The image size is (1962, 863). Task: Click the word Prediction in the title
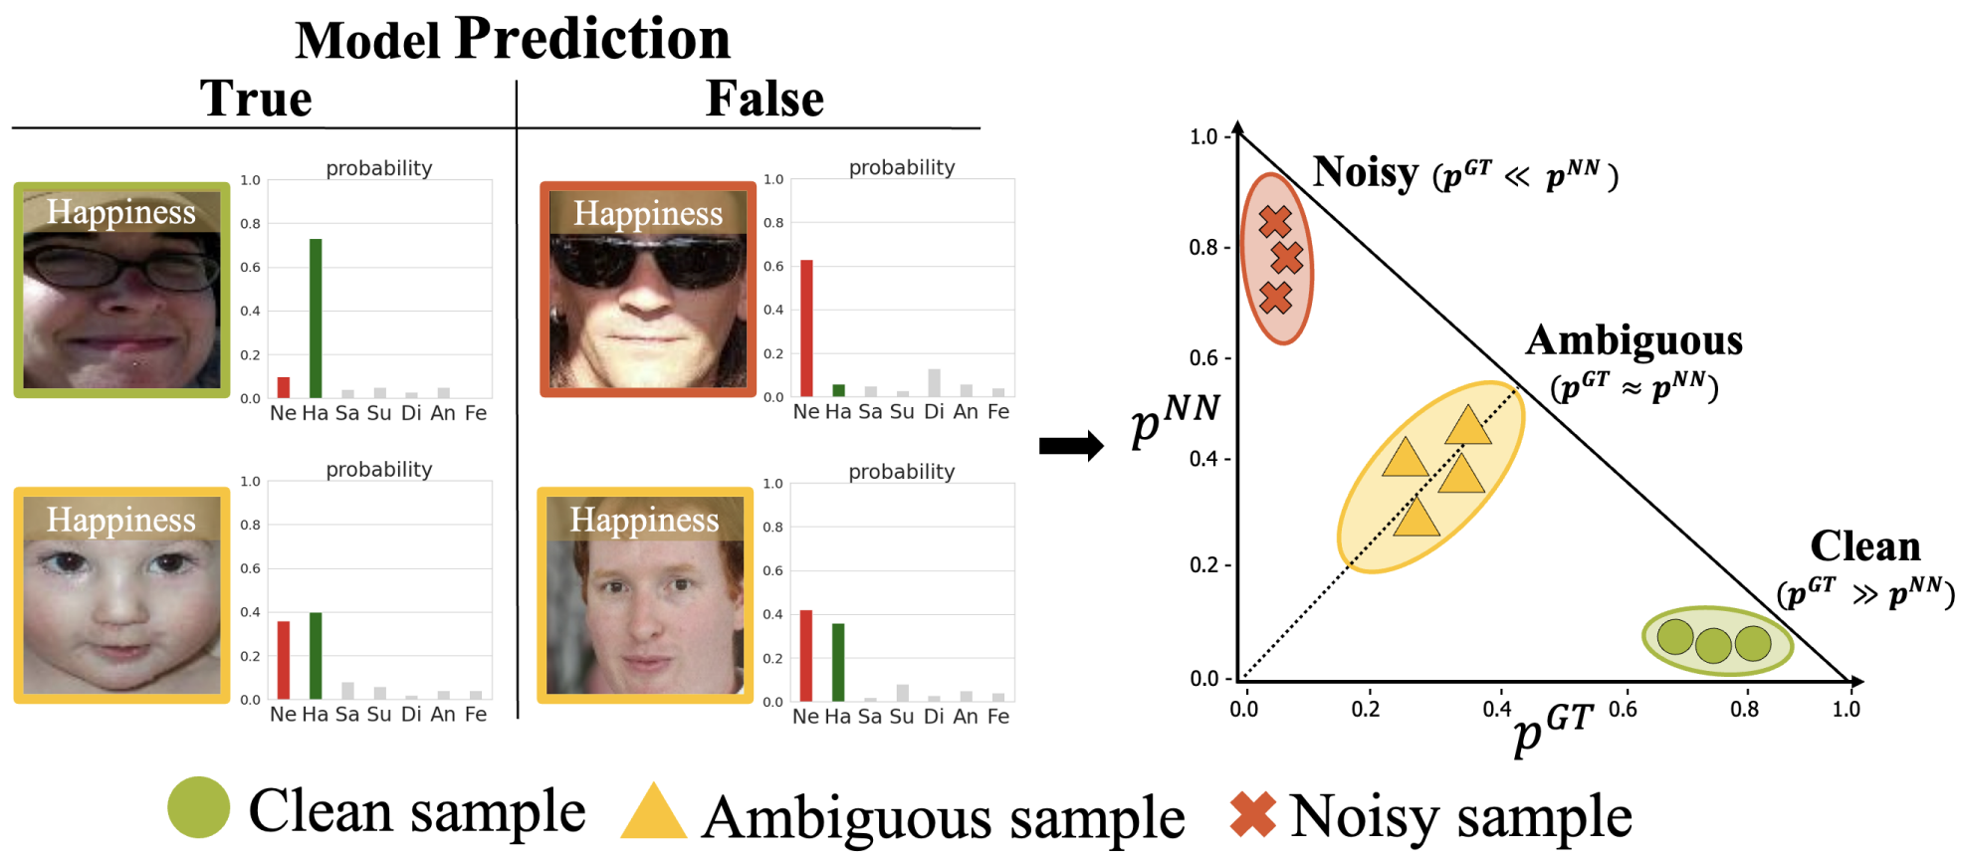pyautogui.click(x=592, y=39)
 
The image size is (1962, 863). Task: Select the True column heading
pyautogui.click(x=256, y=99)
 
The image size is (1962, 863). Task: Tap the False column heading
pyautogui.click(x=764, y=99)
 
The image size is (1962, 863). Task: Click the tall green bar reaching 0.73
pyautogui.click(x=316, y=319)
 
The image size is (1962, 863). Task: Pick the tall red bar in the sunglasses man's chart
pyautogui.click(x=806, y=328)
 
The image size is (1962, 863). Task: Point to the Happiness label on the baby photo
pyautogui.click(x=121, y=520)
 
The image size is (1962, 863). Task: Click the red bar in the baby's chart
pyautogui.click(x=284, y=660)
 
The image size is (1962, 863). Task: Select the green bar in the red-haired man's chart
pyautogui.click(x=838, y=662)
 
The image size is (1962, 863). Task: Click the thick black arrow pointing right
pyautogui.click(x=1071, y=445)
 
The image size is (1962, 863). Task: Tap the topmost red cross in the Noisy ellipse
pyautogui.click(x=1274, y=221)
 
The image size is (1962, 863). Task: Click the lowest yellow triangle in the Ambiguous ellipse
pyautogui.click(x=1416, y=518)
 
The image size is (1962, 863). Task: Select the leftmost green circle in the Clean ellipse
pyautogui.click(x=1675, y=637)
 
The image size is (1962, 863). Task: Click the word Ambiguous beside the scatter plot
pyautogui.click(x=1634, y=341)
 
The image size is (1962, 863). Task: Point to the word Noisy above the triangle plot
pyautogui.click(x=1365, y=172)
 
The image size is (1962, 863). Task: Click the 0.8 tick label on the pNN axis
pyautogui.click(x=1202, y=247)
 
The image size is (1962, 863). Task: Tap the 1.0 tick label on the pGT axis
pyautogui.click(x=1846, y=709)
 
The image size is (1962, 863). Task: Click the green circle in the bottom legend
pyautogui.click(x=199, y=807)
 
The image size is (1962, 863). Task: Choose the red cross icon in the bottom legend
pyautogui.click(x=1252, y=813)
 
